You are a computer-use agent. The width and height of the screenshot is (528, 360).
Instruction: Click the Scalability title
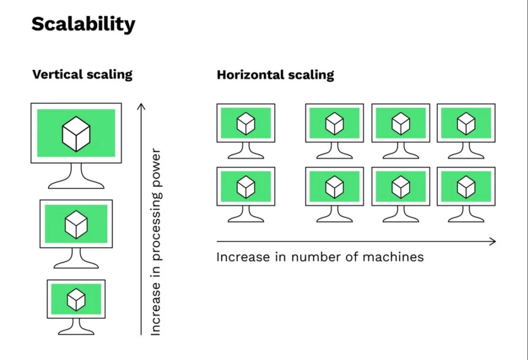pyautogui.click(x=83, y=24)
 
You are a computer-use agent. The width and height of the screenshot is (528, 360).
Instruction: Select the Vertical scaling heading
pyautogui.click(x=82, y=74)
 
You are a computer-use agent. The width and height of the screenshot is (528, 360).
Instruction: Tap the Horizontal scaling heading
pyautogui.click(x=275, y=75)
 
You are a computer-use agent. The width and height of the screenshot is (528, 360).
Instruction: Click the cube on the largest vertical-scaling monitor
pyautogui.click(x=76, y=134)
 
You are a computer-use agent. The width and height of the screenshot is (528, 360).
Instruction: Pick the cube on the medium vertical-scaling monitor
pyautogui.click(x=76, y=224)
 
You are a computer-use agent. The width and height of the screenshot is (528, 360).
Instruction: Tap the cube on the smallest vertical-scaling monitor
pyautogui.click(x=76, y=300)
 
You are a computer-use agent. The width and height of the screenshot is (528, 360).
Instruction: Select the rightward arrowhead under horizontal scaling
pyautogui.click(x=492, y=241)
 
